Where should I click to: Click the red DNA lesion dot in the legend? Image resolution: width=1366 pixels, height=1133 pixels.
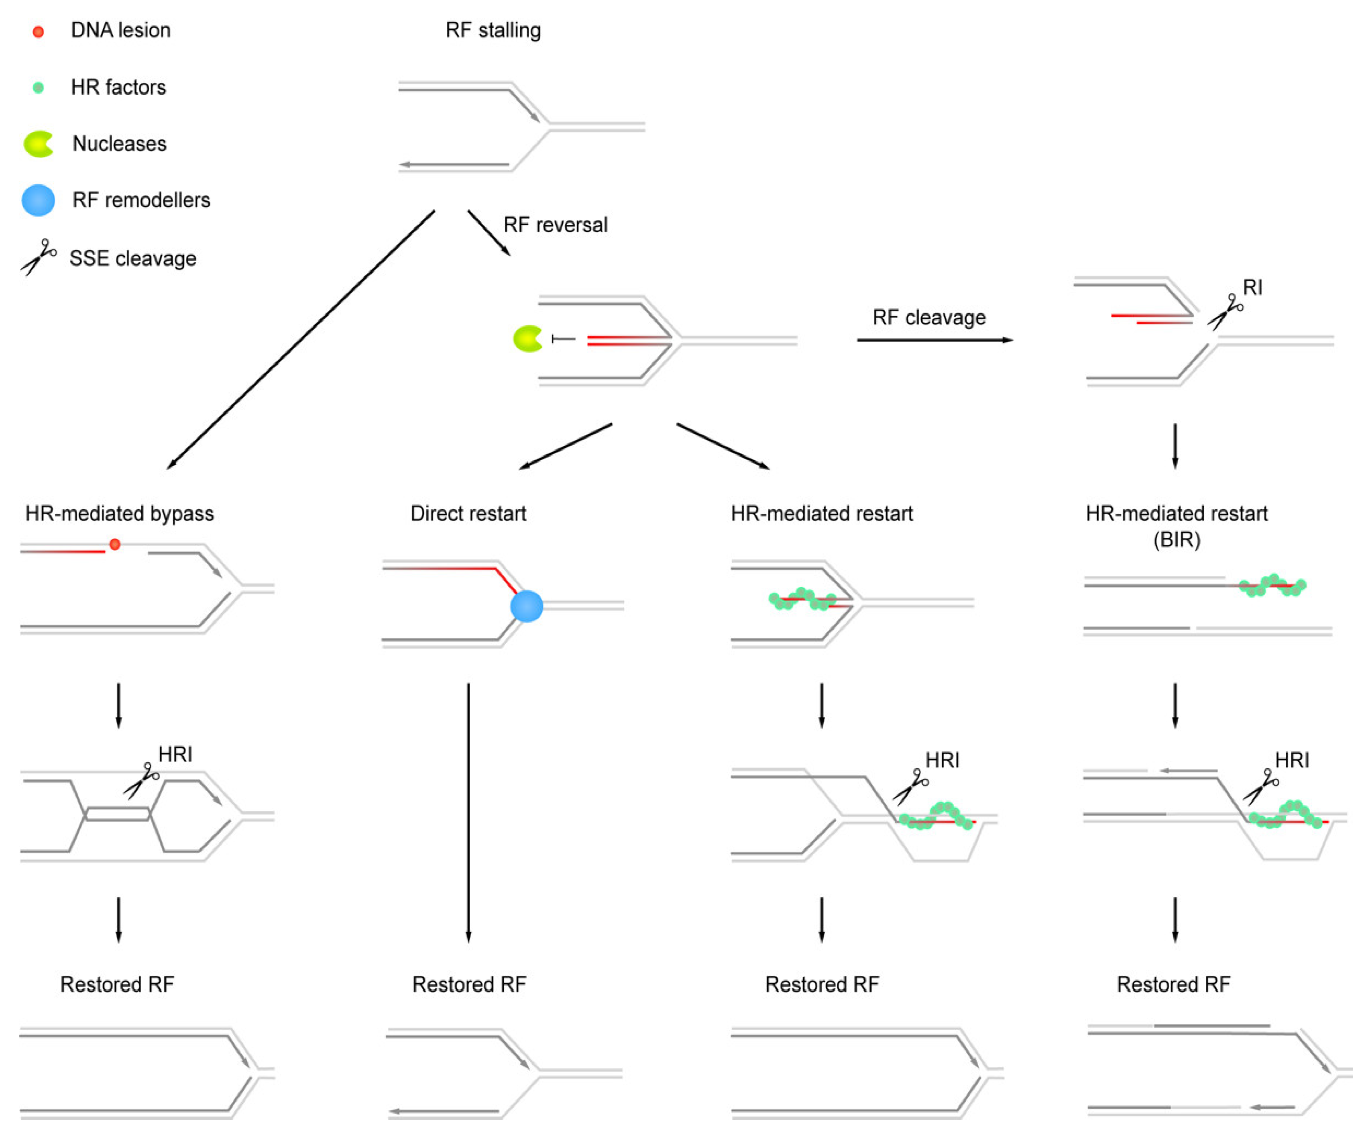point(39,31)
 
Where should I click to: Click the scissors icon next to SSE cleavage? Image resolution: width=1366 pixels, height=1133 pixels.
point(39,257)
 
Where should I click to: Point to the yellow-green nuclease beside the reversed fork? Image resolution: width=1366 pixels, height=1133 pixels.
point(527,339)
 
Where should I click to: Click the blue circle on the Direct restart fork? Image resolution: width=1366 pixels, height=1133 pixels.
point(526,606)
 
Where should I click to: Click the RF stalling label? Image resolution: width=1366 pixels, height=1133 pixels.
point(493,31)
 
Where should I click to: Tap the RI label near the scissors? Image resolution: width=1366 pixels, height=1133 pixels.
point(1252,287)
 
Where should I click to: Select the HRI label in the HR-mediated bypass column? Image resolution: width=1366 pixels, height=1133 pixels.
point(175,754)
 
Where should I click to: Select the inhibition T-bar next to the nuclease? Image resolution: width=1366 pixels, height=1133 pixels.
point(563,339)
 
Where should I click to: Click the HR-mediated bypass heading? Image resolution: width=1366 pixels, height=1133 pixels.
point(120,513)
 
